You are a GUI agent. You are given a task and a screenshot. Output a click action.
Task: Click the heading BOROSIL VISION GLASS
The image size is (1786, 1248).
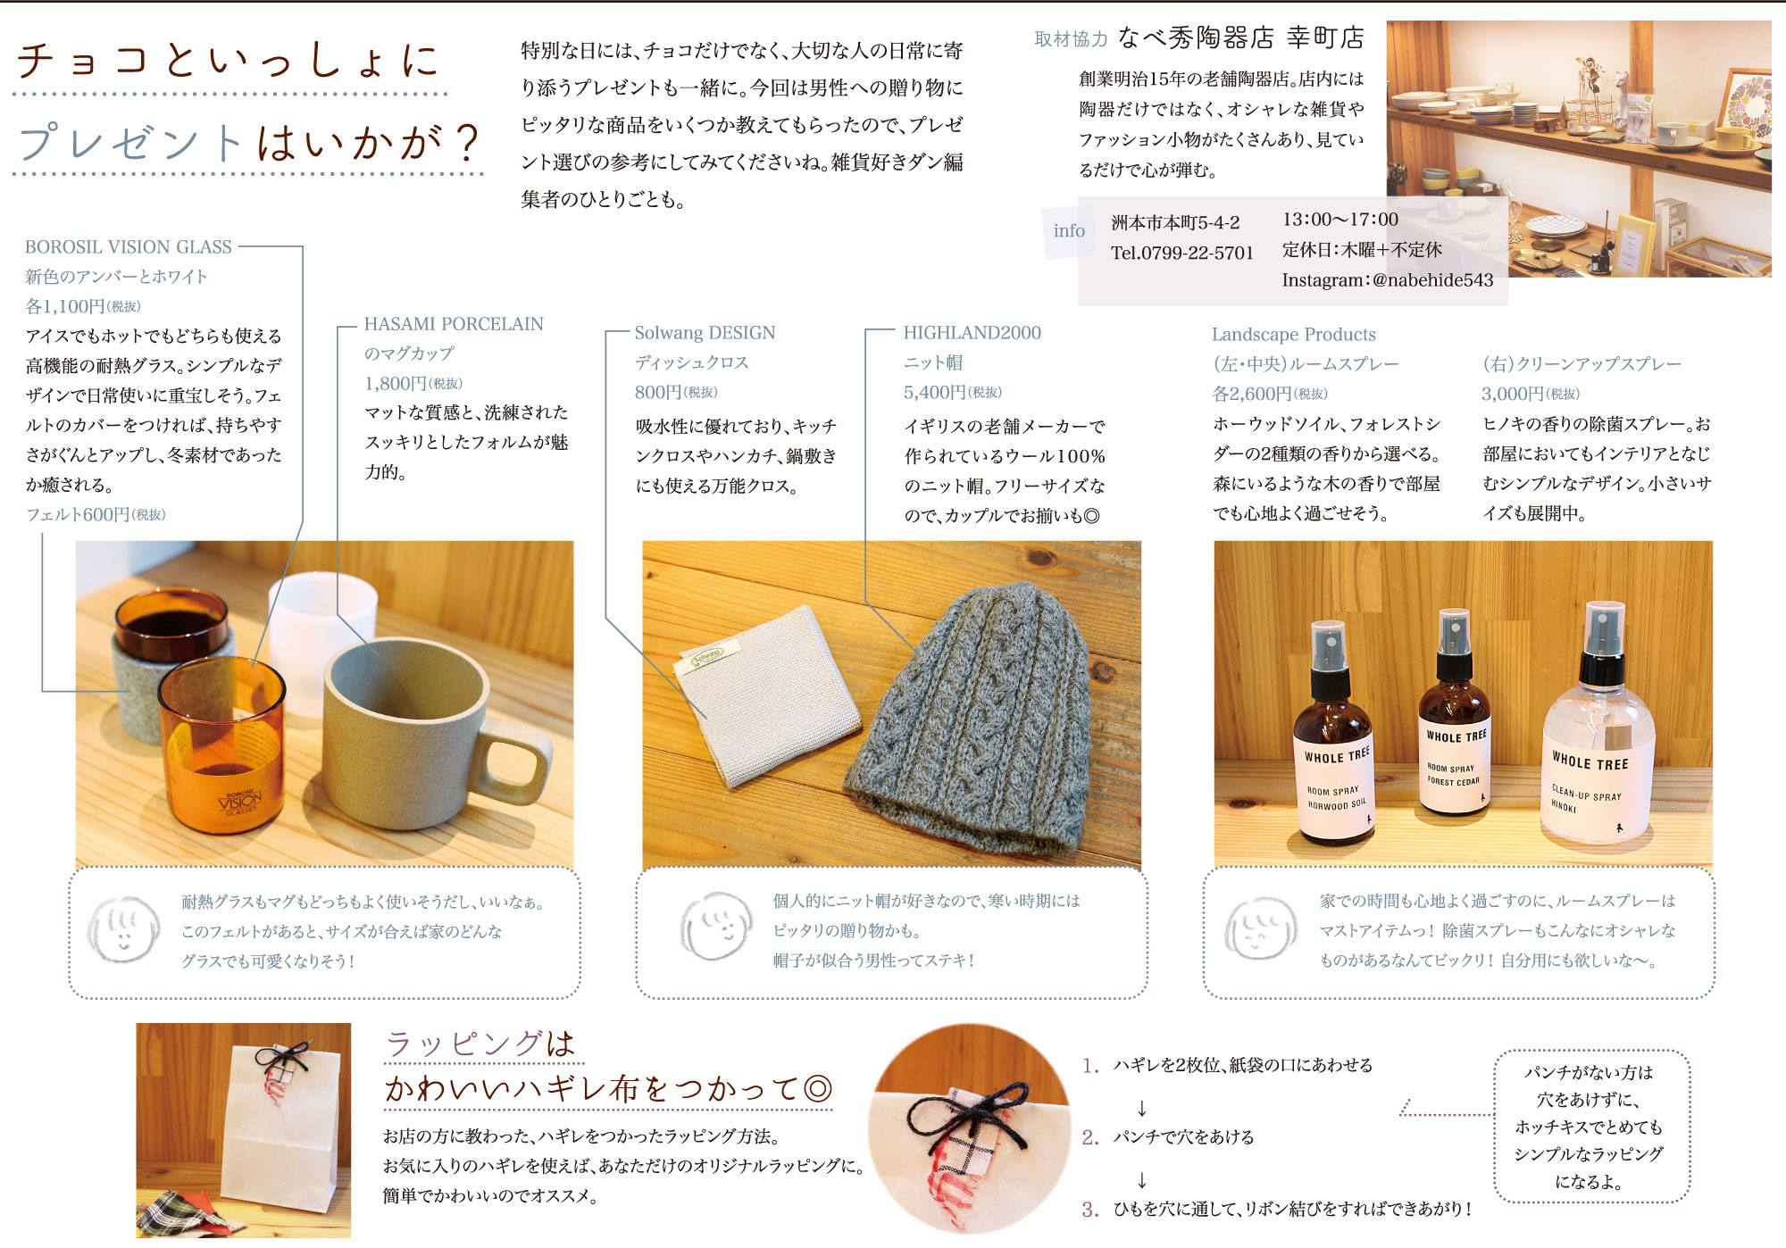128,246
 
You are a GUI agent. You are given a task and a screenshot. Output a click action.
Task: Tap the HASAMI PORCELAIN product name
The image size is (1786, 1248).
454,324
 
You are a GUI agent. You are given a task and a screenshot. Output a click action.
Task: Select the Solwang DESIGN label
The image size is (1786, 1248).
705,333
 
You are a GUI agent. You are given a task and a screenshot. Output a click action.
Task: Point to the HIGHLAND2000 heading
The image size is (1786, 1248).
972,333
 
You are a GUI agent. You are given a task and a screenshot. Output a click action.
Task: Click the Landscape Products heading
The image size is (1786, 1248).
1293,335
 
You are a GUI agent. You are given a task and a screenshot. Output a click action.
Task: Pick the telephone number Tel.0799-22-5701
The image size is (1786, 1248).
1182,253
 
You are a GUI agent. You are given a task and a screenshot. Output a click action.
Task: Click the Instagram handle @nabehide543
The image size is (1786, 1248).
1432,280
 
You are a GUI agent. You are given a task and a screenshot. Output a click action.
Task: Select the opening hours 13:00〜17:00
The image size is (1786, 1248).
1340,220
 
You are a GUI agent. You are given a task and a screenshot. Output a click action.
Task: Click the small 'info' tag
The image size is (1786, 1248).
1069,230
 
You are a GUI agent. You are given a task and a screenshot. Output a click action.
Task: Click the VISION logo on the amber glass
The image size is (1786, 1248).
240,801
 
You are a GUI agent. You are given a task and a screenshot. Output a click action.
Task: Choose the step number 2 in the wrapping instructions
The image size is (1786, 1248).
1089,1137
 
